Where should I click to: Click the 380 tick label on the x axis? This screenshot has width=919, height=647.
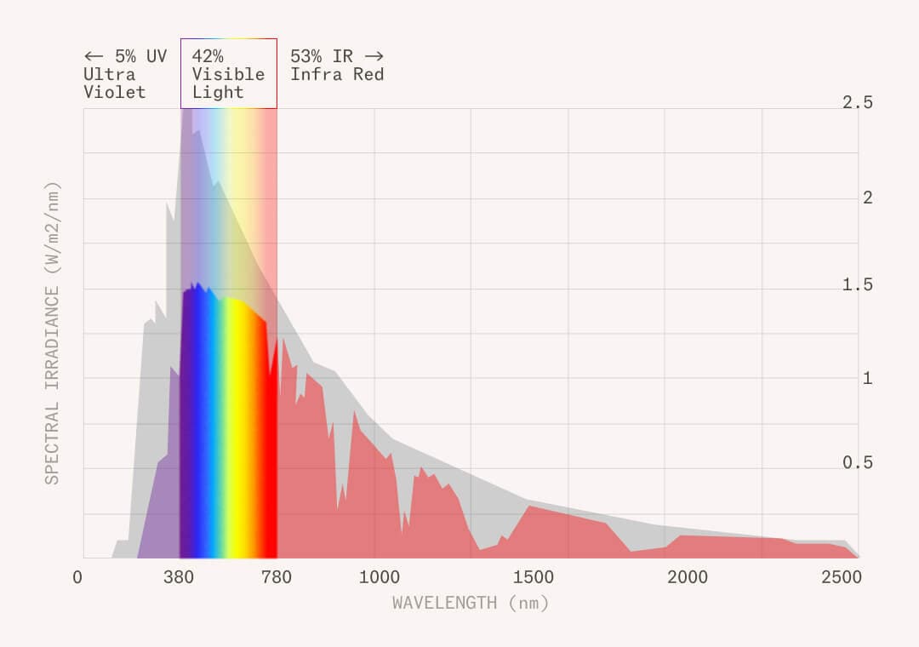click(x=179, y=578)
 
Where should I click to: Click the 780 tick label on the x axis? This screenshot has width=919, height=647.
click(x=277, y=578)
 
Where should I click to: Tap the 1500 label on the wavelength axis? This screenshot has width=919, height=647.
click(x=533, y=578)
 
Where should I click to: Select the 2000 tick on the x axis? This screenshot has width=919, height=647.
click(x=687, y=578)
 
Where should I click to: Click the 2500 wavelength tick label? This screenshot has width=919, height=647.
click(x=841, y=578)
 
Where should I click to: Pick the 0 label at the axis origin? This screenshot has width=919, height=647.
click(x=78, y=578)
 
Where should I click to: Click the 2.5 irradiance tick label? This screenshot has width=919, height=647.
click(x=858, y=102)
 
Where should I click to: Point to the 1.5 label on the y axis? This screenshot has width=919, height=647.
click(x=858, y=284)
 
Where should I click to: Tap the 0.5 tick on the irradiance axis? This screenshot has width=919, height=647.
click(x=858, y=462)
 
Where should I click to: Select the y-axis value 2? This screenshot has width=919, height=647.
click(x=868, y=198)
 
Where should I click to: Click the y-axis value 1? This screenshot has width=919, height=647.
click(x=868, y=378)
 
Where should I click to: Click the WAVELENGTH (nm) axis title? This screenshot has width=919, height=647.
click(x=471, y=603)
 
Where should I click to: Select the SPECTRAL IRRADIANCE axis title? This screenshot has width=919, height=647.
click(x=53, y=333)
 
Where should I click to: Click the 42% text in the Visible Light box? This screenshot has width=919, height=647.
click(x=208, y=56)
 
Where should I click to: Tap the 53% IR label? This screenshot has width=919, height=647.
click(x=321, y=56)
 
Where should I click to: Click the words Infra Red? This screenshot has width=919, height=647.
click(x=337, y=75)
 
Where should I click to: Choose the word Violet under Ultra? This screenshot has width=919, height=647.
click(x=114, y=93)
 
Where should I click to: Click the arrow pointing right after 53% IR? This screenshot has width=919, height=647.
click(x=374, y=56)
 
